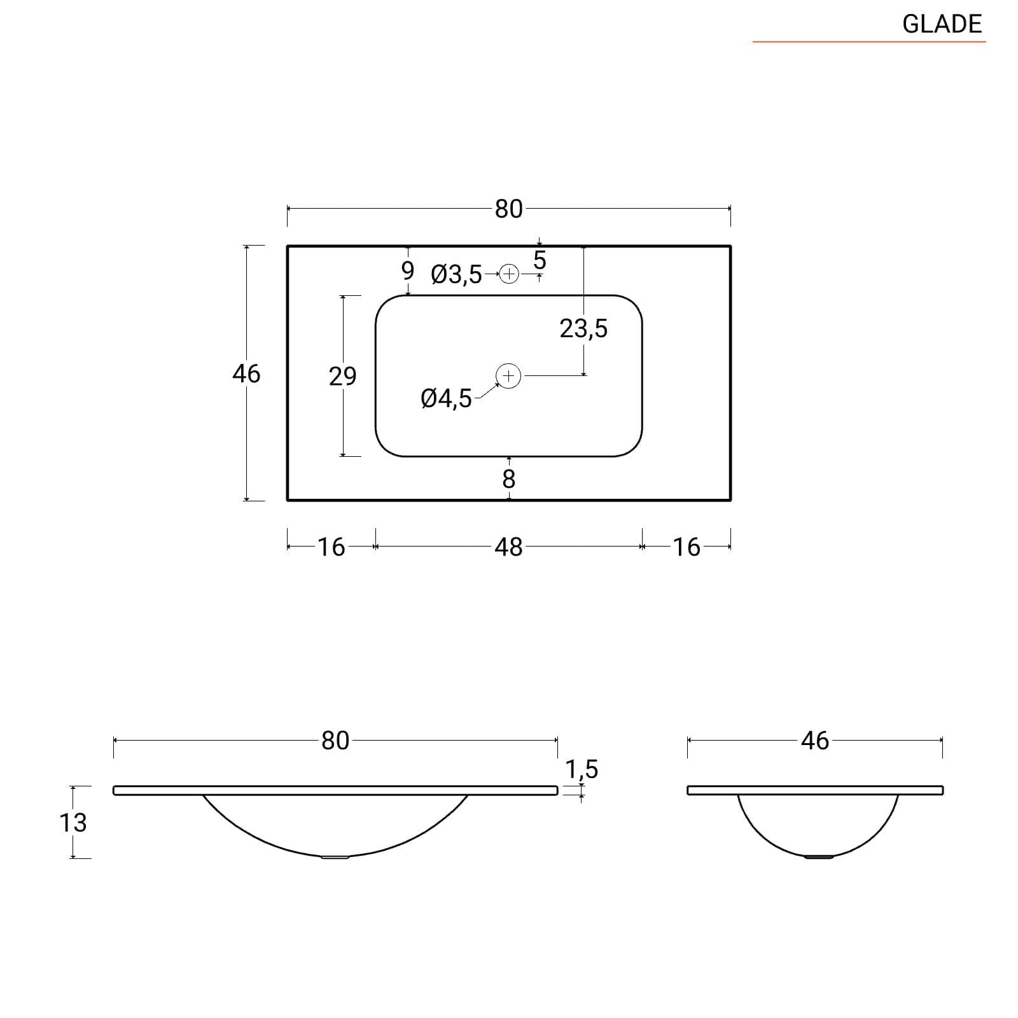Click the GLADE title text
[x=942, y=24]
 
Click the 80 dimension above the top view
[x=508, y=209]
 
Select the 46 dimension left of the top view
[x=246, y=373]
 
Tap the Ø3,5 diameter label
[x=457, y=275]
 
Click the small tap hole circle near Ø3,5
[x=509, y=274]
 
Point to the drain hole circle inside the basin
[x=508, y=376]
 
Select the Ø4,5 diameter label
[x=447, y=399]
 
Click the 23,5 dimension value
[x=583, y=328]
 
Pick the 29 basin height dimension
[x=342, y=376]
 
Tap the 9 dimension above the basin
[x=408, y=270]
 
